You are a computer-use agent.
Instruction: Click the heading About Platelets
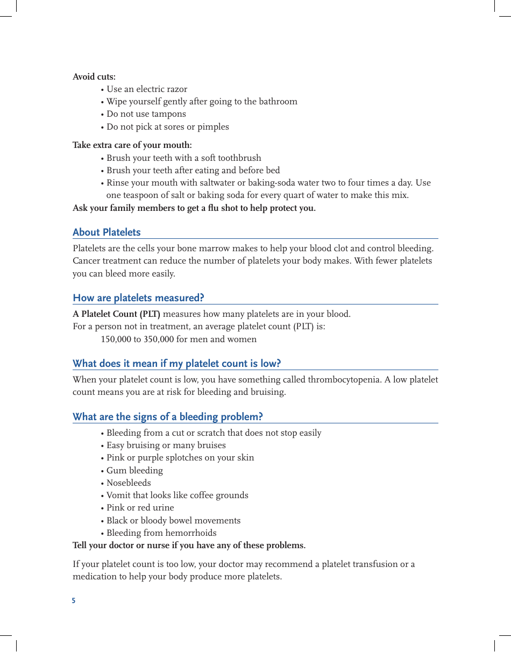click(x=107, y=232)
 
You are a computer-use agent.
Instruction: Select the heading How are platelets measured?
click(x=138, y=298)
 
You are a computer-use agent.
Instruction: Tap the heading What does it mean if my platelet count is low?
click(x=176, y=364)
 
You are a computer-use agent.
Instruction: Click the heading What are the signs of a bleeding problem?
click(x=167, y=417)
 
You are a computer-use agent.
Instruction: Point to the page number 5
click(x=74, y=600)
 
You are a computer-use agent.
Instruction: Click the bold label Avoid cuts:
click(x=94, y=77)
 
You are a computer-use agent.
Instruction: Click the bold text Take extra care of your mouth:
click(x=132, y=145)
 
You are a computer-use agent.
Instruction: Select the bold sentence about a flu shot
click(x=194, y=208)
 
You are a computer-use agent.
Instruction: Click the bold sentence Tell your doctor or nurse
click(x=189, y=545)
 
